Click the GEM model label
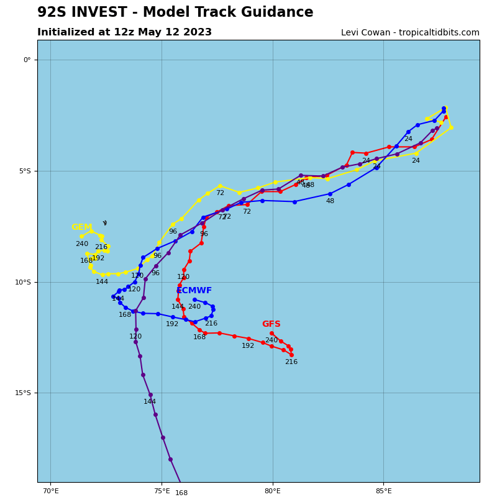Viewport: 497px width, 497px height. pos(81,227)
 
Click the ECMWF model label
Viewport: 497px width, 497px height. pos(194,291)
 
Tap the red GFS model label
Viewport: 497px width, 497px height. pos(271,324)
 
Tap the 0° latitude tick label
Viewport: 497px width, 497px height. pos(27,60)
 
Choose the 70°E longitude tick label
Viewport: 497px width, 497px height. pos(50,491)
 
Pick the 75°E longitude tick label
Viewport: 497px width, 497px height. pos(162,491)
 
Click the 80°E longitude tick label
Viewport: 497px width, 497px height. pos(272,491)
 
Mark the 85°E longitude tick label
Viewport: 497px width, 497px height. pos(383,491)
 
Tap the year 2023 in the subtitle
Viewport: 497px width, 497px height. pos(198,32)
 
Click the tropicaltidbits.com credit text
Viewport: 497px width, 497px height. pos(435,33)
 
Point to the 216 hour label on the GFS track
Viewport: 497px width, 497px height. pos(291,362)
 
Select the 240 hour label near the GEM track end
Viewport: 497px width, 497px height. pos(82,244)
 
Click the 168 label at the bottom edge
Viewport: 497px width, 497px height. pos(181,493)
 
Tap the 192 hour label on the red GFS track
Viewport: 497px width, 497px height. pos(248,346)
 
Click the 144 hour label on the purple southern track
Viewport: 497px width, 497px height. pos(150,402)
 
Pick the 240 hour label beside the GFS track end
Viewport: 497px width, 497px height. pos(271,340)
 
